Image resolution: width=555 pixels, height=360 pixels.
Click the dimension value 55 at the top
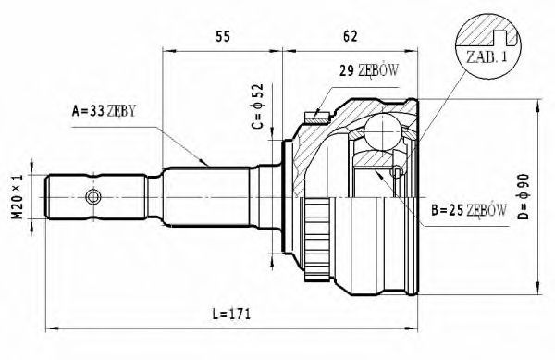223,36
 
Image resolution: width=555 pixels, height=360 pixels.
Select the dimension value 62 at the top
350,36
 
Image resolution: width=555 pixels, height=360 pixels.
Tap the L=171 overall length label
231,314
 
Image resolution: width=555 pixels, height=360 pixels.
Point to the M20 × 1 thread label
18,196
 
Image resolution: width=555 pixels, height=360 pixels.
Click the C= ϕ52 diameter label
259,106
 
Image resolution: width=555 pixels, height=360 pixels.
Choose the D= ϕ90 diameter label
524,196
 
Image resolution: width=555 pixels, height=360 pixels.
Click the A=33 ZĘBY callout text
104,111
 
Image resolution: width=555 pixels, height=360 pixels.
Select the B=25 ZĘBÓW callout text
469,210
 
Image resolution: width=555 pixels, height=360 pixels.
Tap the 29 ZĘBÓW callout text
369,70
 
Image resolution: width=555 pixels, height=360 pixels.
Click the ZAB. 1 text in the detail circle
487,57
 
